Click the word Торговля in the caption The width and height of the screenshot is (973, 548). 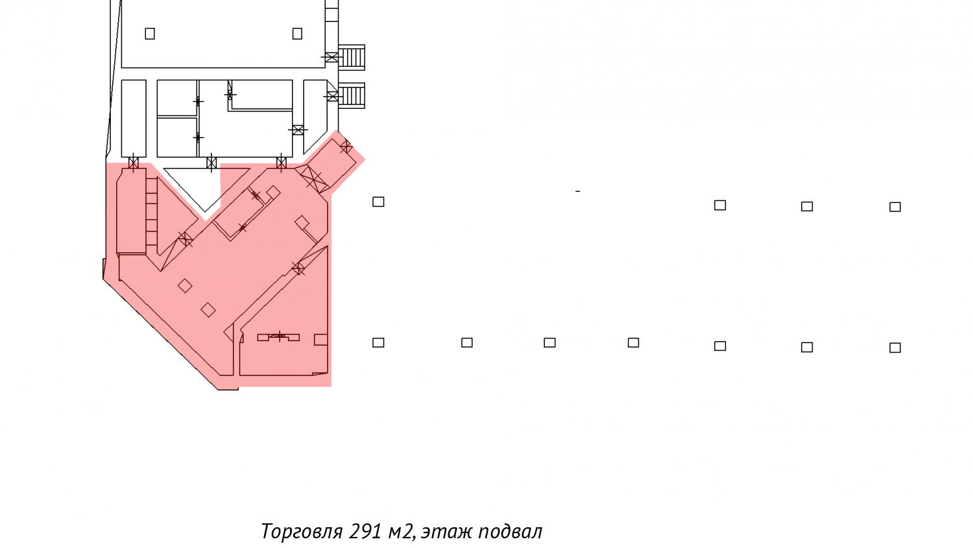point(302,532)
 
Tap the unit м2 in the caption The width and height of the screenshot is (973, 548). point(399,532)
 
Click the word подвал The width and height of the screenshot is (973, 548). point(511,532)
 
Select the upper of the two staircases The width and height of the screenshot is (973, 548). point(352,57)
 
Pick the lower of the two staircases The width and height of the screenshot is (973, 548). point(352,95)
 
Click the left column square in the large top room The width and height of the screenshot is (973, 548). point(150,34)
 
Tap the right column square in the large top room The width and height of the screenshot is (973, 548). point(297,34)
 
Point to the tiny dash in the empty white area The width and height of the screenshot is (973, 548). point(578,191)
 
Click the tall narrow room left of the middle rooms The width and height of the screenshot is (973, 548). point(134,118)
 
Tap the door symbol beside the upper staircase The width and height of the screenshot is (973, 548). point(331,57)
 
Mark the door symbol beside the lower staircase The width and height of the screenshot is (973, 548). point(333,96)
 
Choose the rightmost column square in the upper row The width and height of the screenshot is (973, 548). point(895,207)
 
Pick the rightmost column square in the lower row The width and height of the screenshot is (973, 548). point(895,348)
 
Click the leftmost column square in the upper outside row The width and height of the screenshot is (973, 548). point(378,202)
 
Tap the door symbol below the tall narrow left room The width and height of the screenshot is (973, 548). point(134,163)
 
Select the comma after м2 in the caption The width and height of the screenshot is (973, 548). point(414,538)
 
